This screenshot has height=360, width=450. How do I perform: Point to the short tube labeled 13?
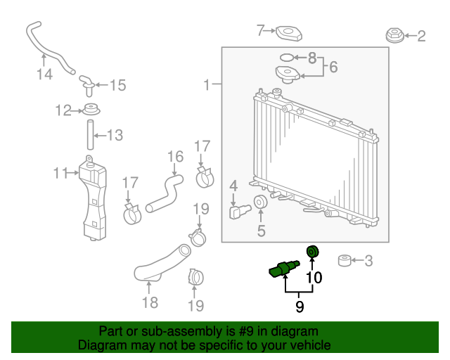pos(91,134)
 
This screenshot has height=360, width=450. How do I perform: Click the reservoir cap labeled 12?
pos(90,110)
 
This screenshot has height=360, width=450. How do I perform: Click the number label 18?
pos(149,303)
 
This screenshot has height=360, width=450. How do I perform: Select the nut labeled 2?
pos(395,34)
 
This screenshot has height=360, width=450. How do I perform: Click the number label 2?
pos(421,36)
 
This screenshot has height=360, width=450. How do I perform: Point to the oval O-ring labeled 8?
pos(287,56)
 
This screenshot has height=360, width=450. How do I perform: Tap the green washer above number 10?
pos(312,252)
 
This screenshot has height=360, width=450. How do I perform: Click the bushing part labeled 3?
pos(345,262)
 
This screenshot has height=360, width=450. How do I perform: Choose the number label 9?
pos(300,306)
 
